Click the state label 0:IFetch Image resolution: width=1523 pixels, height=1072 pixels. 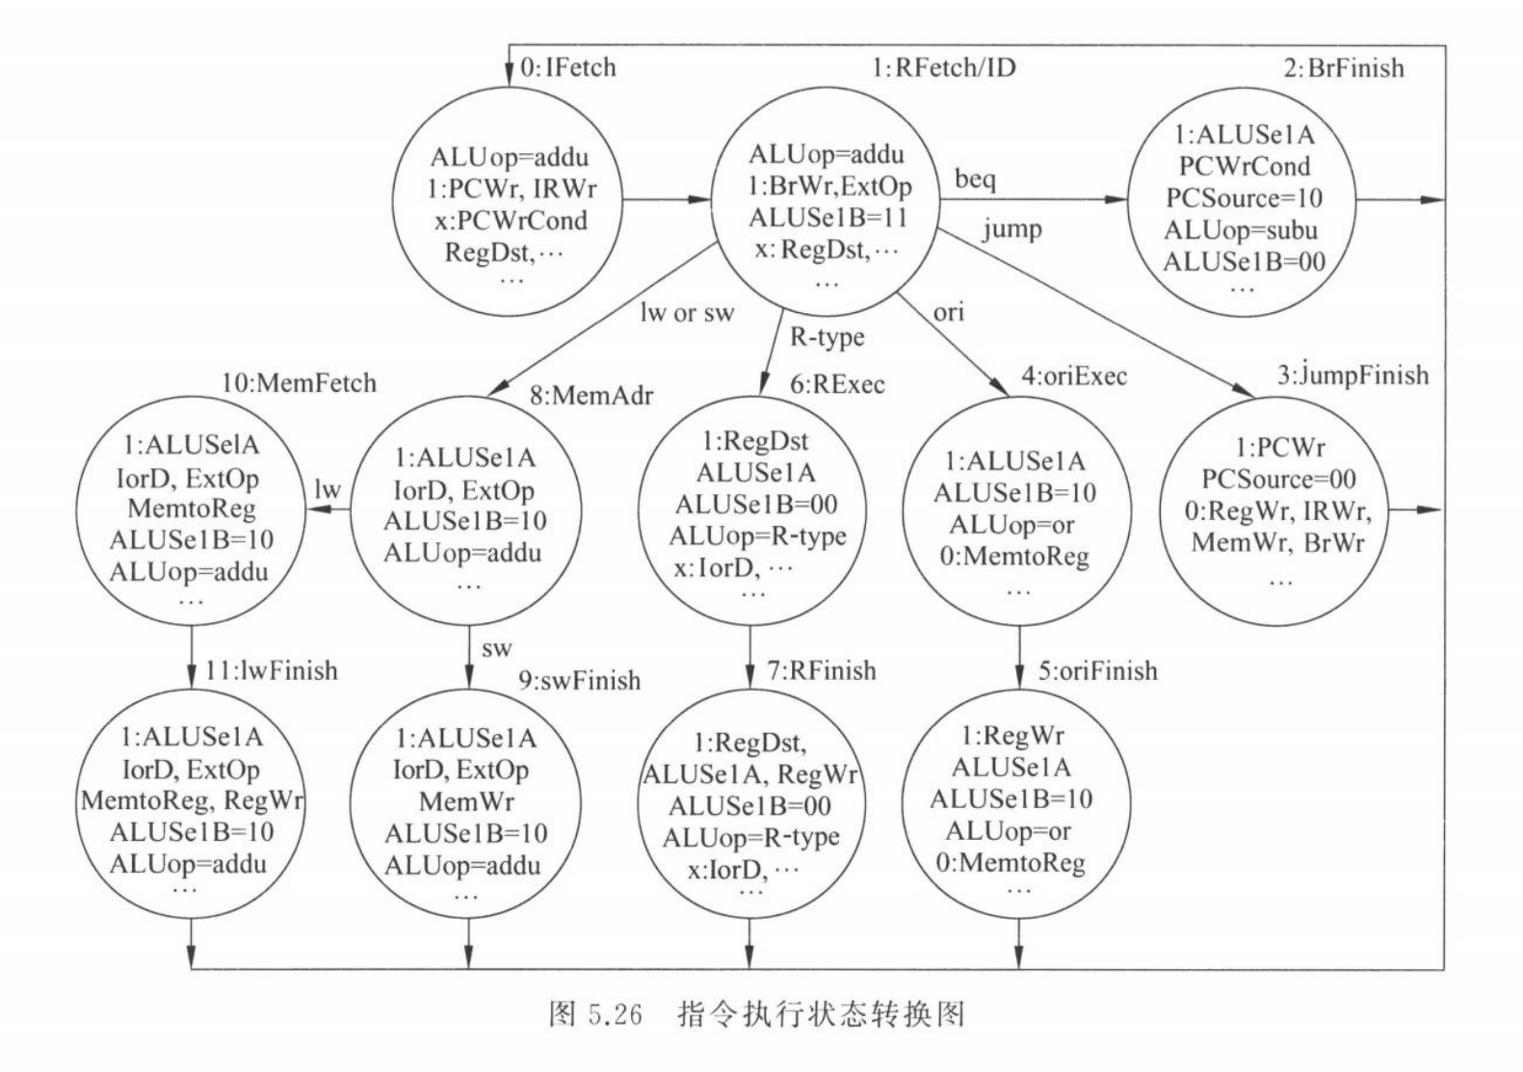click(567, 67)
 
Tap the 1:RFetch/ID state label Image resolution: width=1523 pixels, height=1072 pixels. click(943, 67)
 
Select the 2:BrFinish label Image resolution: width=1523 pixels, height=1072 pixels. click(1343, 68)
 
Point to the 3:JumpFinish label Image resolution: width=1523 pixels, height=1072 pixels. click(1352, 375)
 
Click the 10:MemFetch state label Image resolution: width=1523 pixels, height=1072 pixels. click(299, 382)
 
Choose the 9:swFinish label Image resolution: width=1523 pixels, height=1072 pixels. click(580, 681)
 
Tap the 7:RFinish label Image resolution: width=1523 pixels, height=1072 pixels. click(822, 670)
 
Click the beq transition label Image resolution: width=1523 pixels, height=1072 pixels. click(975, 180)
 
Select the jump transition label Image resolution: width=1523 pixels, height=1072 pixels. click(1011, 229)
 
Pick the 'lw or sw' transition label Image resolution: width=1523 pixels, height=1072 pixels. click(687, 313)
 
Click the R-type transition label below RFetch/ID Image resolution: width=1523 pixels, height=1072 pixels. click(827, 337)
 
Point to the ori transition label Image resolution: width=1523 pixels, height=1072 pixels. click(948, 312)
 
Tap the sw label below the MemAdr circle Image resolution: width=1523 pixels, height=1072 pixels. click(497, 648)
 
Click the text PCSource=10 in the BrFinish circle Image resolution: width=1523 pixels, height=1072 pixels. click(1244, 197)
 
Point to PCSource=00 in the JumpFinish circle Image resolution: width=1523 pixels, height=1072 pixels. click(1278, 479)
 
